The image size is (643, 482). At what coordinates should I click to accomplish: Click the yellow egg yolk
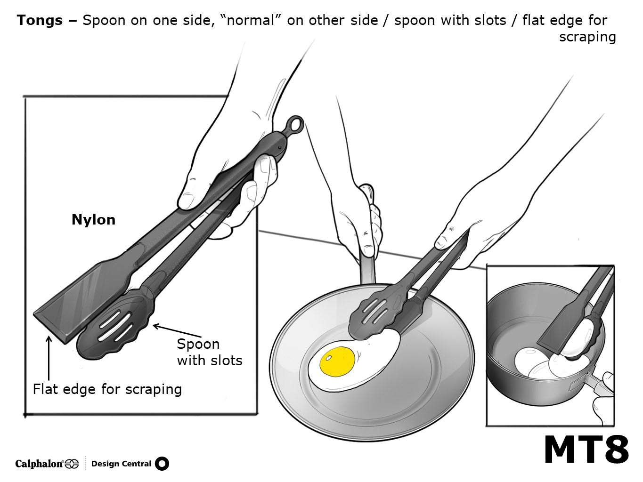point(337,361)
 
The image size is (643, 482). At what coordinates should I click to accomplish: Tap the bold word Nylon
point(93,220)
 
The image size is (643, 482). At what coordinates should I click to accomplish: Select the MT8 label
point(586,450)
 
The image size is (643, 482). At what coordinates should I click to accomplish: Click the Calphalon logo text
point(40,464)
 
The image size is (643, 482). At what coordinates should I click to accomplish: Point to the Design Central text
point(121,464)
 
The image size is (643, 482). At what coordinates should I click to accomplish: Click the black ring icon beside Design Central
point(162,464)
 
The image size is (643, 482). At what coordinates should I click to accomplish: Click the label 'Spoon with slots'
point(209,352)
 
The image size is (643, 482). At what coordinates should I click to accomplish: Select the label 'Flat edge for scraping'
point(107,389)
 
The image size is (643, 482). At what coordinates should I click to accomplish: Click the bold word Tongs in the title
point(40,20)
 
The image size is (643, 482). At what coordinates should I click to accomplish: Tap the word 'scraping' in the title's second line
point(587,37)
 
